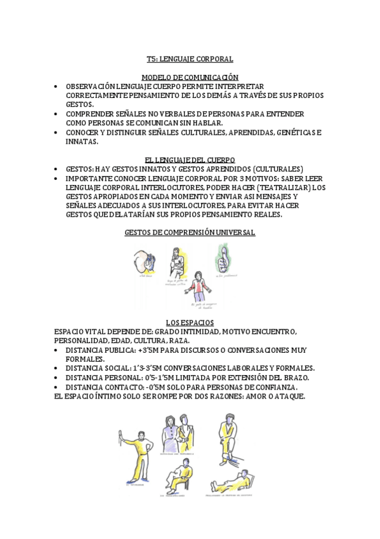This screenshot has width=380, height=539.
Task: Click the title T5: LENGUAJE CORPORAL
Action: click(x=190, y=59)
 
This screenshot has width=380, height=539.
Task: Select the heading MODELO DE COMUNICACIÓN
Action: click(x=190, y=77)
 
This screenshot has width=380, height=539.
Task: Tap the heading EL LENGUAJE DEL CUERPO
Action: click(x=190, y=160)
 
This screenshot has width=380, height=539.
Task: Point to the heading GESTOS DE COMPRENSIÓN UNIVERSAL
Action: click(x=190, y=233)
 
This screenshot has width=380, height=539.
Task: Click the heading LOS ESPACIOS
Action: click(x=190, y=323)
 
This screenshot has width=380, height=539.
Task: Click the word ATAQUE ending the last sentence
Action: click(x=288, y=396)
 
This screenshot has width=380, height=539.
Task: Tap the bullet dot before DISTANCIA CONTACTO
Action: click(x=58, y=387)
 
